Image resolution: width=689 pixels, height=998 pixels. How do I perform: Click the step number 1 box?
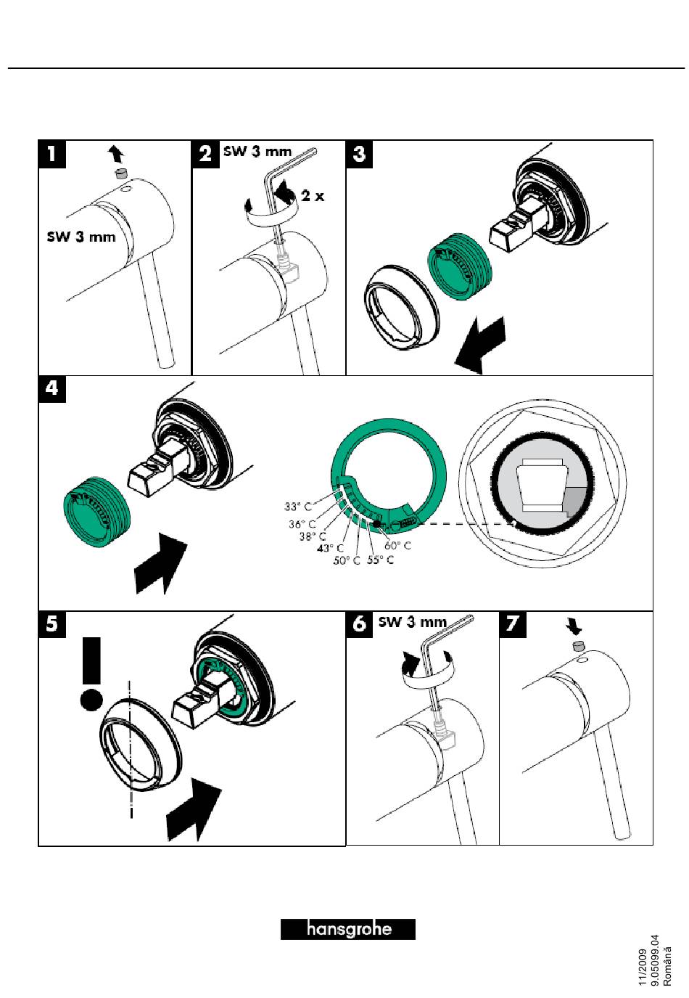click(x=52, y=154)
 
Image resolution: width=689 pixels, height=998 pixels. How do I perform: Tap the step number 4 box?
click(x=52, y=388)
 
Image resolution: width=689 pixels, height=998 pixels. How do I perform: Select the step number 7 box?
click(x=513, y=624)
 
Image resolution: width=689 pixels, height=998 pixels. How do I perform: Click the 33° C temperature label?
click(x=298, y=507)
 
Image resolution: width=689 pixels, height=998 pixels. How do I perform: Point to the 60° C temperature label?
click(x=397, y=545)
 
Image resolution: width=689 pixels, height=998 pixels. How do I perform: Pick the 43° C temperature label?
click(x=330, y=548)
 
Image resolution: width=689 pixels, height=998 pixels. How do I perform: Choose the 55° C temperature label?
click(x=381, y=560)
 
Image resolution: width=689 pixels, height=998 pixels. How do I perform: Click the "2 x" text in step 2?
click(x=313, y=195)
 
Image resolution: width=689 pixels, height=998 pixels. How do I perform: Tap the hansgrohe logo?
click(x=347, y=929)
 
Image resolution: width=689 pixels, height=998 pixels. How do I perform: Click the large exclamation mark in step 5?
click(x=91, y=674)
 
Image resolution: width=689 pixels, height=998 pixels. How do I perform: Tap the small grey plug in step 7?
click(x=578, y=646)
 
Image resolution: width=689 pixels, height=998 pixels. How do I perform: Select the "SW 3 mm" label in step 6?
click(x=413, y=622)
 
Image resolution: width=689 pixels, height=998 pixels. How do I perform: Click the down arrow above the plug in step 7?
click(x=574, y=628)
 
